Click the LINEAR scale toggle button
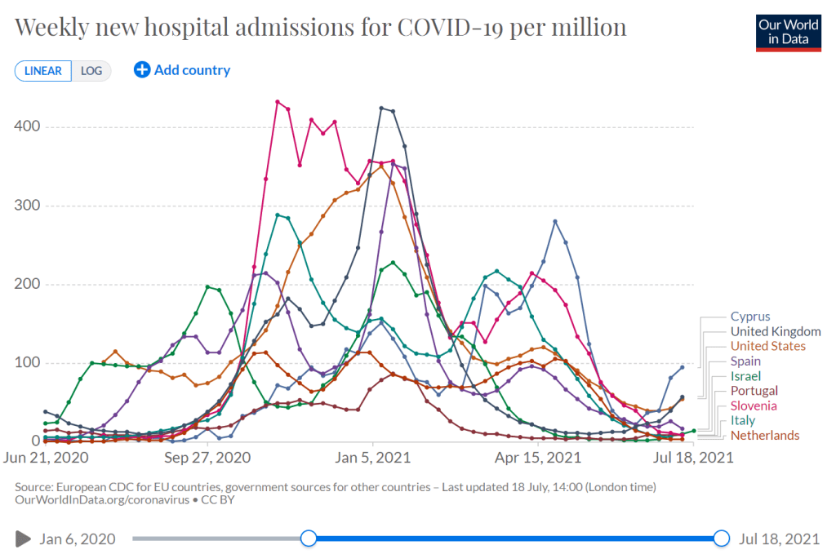(42, 70)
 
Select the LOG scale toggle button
(91, 70)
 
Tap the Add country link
(182, 70)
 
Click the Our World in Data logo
(788, 31)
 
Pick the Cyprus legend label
(750, 317)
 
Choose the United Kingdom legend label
(776, 331)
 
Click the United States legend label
(768, 346)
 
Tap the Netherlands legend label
(765, 435)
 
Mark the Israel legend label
(746, 376)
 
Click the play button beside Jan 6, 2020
(23, 538)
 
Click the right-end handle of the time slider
(721, 538)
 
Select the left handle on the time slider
(308, 538)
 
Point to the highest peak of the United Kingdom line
(381, 108)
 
